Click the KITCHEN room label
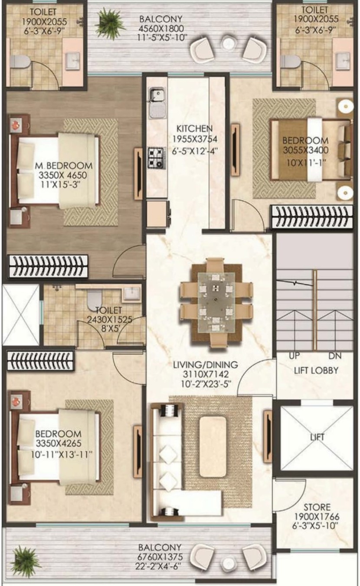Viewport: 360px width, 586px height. (x=194, y=128)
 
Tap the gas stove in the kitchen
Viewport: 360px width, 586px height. (x=156, y=157)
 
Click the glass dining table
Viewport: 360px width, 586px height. (x=216, y=302)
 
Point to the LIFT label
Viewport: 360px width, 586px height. (x=317, y=437)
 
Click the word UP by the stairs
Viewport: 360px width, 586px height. (x=294, y=356)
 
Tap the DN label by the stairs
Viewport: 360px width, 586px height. (x=335, y=356)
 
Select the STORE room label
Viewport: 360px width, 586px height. (x=317, y=507)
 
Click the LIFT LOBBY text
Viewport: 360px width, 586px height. (x=316, y=370)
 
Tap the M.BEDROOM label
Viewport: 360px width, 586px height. (x=64, y=165)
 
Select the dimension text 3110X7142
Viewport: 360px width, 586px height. (x=206, y=374)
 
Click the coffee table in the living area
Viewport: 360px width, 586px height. (x=213, y=447)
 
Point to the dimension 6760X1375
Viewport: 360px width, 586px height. (x=160, y=557)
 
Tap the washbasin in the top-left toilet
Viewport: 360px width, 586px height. (x=73, y=60)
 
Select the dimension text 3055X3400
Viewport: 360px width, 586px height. (x=305, y=150)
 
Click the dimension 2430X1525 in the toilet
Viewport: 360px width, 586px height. (x=110, y=320)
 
